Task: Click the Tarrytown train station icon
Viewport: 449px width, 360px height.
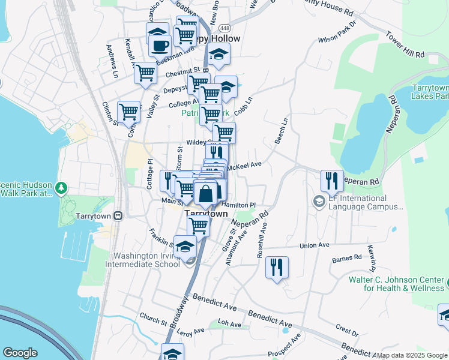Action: [x=118, y=215]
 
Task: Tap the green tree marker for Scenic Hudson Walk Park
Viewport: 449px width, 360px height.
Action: [x=61, y=188]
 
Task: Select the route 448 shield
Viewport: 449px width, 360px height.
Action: [x=224, y=28]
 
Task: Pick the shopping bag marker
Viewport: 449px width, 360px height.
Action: [x=205, y=194]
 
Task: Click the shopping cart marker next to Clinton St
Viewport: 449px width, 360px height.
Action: [x=128, y=112]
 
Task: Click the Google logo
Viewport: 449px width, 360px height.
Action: [x=20, y=353]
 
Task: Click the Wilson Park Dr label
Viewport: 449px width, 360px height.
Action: [x=337, y=39]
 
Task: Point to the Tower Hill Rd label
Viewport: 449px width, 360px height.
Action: [x=405, y=45]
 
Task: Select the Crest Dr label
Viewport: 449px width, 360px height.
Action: [x=347, y=329]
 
